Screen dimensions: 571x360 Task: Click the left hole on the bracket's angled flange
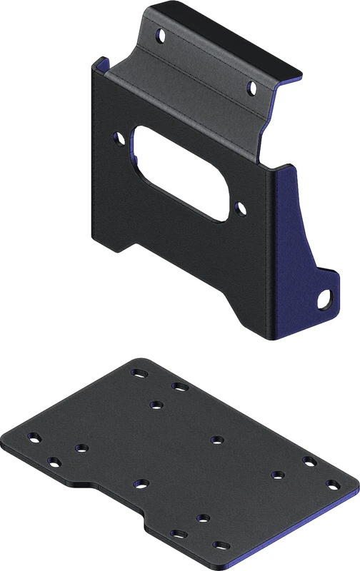161,34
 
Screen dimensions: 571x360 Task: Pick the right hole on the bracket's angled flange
251,88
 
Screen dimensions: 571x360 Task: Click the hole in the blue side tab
326,298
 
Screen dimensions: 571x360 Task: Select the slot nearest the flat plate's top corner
136,373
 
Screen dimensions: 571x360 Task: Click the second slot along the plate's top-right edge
179,387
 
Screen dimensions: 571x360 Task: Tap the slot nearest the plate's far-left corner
32,437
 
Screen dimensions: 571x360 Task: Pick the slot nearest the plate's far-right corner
332,485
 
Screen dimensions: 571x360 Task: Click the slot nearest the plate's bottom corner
218,546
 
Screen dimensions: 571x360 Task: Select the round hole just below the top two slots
155,405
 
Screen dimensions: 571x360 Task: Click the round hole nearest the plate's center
216,438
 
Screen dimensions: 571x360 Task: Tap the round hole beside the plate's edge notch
141,484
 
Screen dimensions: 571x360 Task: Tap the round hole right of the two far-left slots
79,448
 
